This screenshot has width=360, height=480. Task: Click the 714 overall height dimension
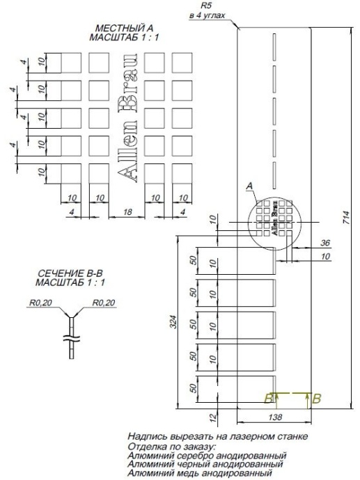click(x=346, y=218)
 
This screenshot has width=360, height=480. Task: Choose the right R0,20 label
click(x=105, y=303)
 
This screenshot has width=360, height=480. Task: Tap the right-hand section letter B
click(x=317, y=399)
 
